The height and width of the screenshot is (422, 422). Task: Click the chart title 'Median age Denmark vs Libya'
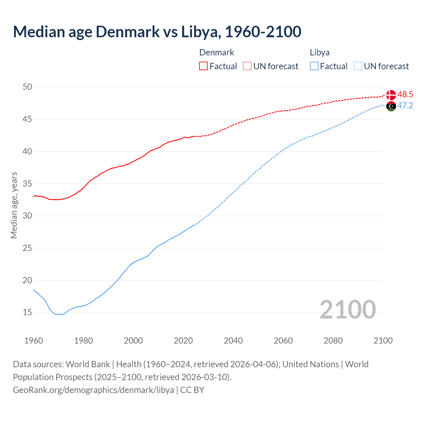[x=157, y=32]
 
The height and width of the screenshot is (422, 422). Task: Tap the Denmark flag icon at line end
[x=391, y=95]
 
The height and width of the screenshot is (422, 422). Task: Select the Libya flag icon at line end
[x=391, y=106]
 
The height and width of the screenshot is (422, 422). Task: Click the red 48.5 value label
[x=405, y=95]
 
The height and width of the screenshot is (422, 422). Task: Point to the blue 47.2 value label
[x=405, y=106]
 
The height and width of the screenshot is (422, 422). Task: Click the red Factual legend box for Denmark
[x=203, y=66]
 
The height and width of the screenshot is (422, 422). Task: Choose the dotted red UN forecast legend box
[x=247, y=66]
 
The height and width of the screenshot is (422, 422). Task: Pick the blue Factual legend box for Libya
[x=314, y=66]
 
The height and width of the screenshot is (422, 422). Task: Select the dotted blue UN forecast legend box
[x=358, y=66]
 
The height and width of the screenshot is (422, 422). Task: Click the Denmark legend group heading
[x=217, y=52]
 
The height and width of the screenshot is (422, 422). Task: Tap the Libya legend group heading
[x=319, y=52]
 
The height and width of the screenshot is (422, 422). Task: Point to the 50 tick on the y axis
[x=27, y=87]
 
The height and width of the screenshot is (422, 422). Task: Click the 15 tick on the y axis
[x=27, y=312]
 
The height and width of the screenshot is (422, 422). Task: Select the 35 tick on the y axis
[x=27, y=184]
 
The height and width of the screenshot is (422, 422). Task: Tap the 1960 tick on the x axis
[x=34, y=341]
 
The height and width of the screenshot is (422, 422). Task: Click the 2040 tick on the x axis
[x=233, y=341]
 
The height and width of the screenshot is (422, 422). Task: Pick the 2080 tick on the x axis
[x=333, y=341]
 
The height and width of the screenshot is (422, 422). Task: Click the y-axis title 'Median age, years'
[x=14, y=205]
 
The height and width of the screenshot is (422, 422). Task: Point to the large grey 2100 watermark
[x=347, y=309]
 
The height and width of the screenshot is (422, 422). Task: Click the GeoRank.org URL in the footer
[x=93, y=390]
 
